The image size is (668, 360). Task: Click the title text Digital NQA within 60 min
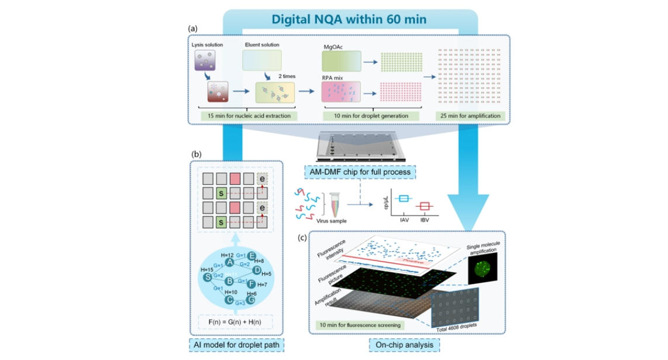[x=349, y=19]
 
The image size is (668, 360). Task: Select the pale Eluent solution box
[x=262, y=61]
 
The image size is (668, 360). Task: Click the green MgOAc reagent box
[x=340, y=61]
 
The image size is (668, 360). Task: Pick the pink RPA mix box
[x=340, y=91]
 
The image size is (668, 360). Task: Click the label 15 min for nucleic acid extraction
[x=246, y=116]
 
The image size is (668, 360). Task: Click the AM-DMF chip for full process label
[x=360, y=172]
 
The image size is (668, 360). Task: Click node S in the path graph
[x=207, y=277]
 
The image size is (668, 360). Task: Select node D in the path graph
[x=257, y=270]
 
